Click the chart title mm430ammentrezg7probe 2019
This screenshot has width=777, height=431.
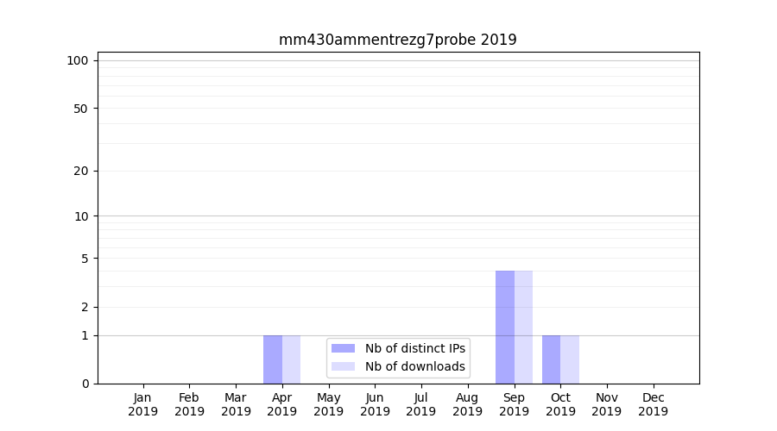(x=397, y=40)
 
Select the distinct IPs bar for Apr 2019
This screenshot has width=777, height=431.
(x=273, y=359)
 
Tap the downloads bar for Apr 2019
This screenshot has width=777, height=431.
(x=292, y=359)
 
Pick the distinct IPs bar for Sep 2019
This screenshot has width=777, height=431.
(x=505, y=328)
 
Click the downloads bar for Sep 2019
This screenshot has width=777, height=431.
(x=524, y=328)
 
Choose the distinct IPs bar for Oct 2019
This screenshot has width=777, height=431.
(x=552, y=359)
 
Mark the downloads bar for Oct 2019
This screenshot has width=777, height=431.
(x=570, y=359)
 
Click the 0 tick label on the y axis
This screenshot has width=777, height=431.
(x=85, y=384)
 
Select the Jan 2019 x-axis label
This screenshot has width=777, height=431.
(x=143, y=404)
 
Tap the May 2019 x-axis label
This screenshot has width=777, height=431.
(x=329, y=404)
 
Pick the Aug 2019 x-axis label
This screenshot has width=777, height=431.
(x=468, y=404)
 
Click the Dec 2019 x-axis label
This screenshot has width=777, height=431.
(x=654, y=404)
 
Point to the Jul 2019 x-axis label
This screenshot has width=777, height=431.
(x=421, y=404)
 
